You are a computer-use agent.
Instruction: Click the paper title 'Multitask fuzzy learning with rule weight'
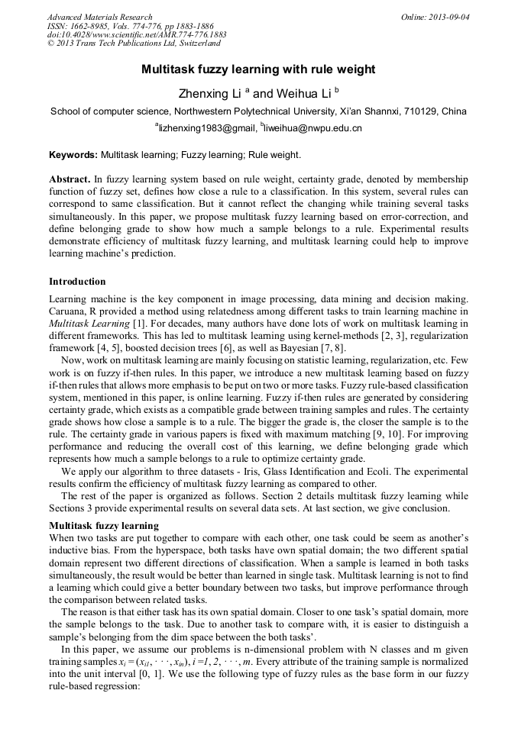pos(258,69)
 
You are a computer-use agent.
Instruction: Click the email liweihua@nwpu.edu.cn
pos(312,128)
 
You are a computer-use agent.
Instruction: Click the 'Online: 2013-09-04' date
pos(435,17)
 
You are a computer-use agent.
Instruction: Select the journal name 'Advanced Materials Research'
pos(99,17)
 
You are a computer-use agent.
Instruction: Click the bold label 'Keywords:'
pos(73,155)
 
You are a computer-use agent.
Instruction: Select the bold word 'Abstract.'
pos(70,178)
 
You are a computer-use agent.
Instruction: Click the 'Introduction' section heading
pos(77,282)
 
